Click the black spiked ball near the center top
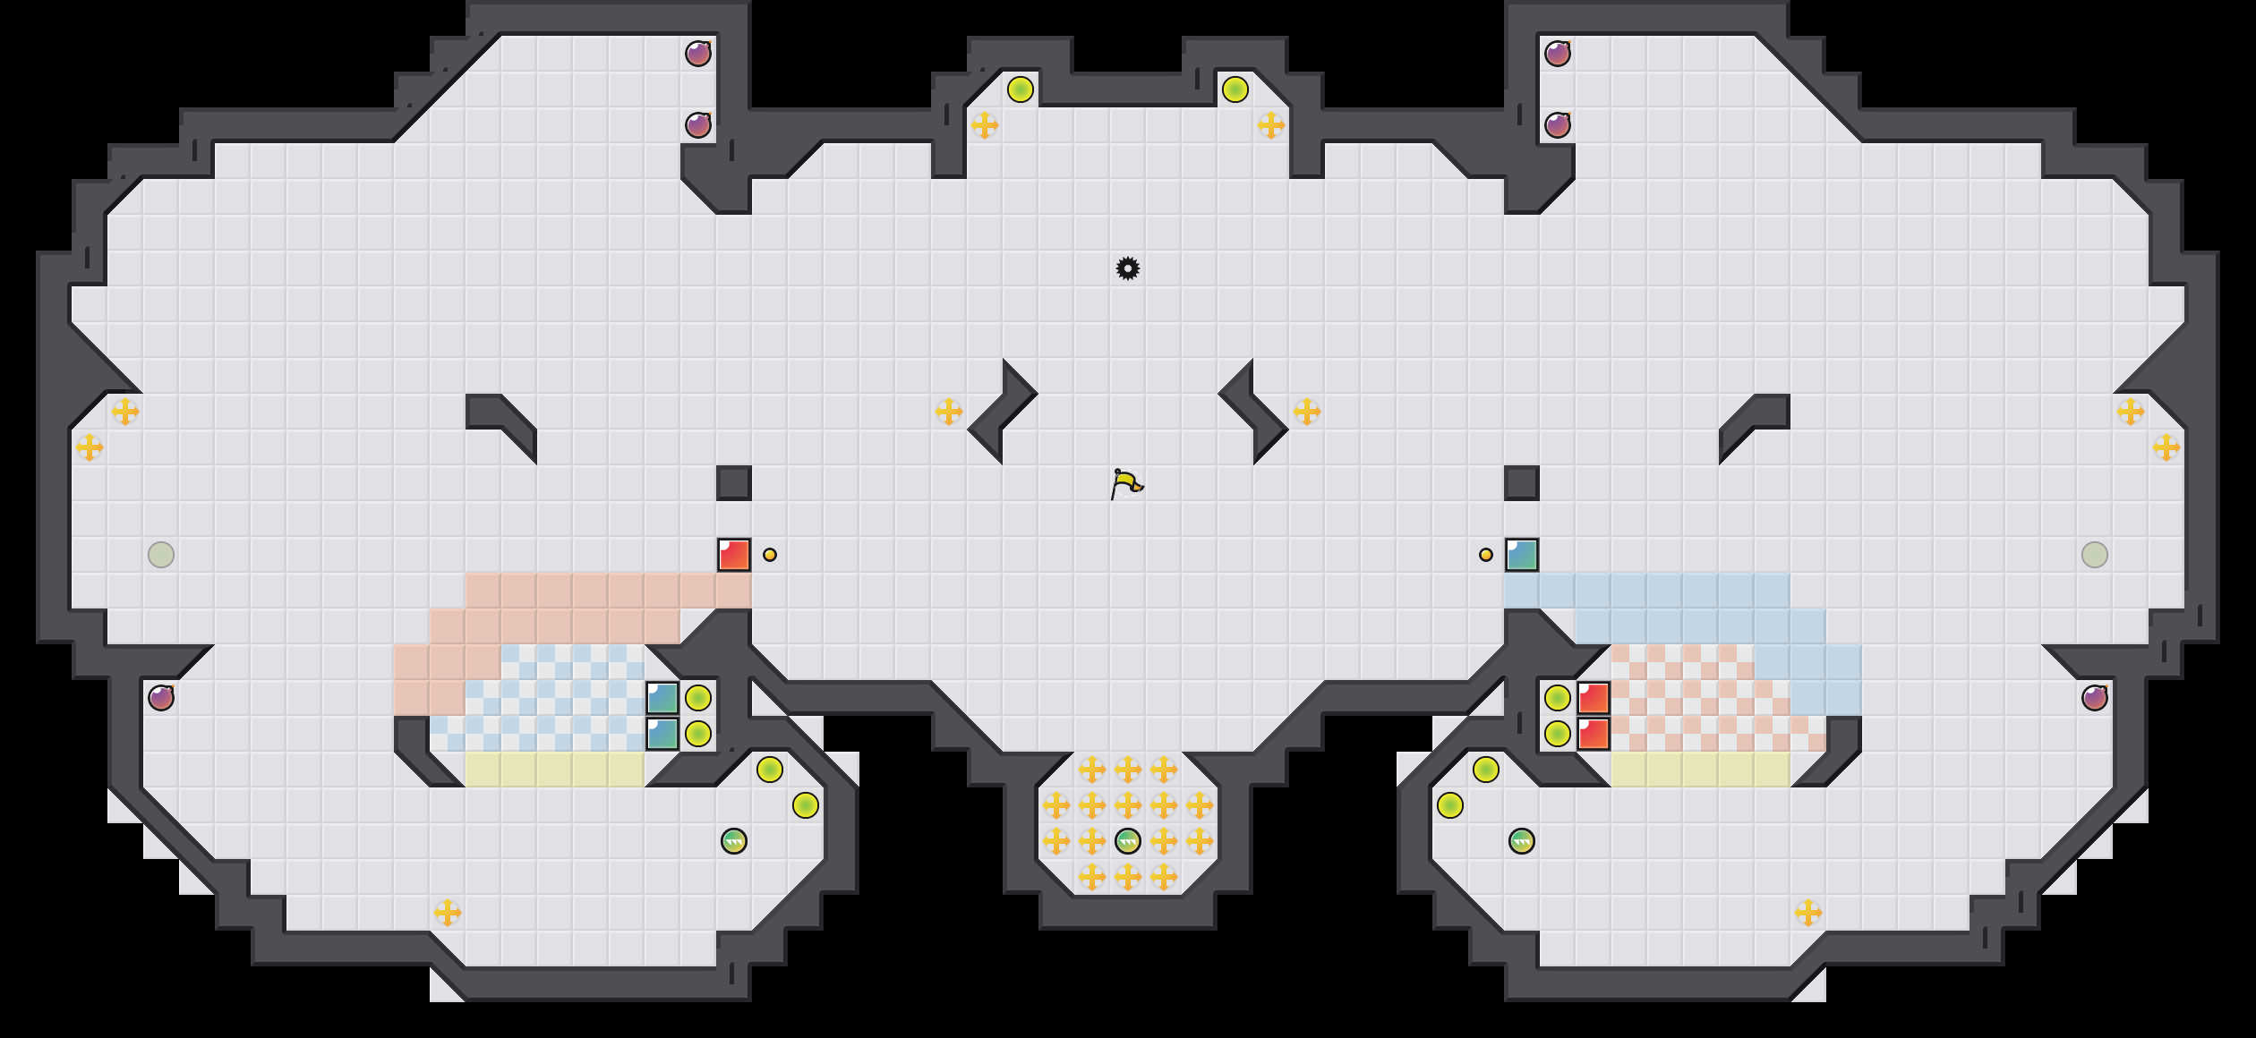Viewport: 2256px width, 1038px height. [1128, 268]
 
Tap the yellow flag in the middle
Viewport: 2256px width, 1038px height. [1126, 484]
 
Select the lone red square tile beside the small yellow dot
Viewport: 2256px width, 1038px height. [734, 555]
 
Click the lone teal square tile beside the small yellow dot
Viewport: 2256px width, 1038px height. [1522, 555]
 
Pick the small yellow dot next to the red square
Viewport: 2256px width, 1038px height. [770, 555]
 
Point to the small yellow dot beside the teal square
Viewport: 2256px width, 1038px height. [1486, 555]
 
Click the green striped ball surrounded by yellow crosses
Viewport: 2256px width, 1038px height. [1128, 841]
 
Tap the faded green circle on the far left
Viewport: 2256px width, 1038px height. [161, 555]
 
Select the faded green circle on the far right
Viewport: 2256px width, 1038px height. [2095, 555]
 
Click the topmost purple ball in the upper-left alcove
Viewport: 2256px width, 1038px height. [698, 54]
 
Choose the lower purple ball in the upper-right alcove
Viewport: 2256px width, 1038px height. [1558, 125]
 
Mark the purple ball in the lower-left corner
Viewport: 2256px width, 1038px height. [161, 698]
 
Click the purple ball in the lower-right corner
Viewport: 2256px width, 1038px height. [2095, 698]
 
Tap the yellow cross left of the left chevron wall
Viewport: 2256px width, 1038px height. [949, 412]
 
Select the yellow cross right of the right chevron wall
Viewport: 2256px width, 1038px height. [1307, 412]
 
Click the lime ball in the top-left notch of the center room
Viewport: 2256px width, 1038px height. [1021, 89]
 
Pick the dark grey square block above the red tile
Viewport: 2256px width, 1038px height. [734, 483]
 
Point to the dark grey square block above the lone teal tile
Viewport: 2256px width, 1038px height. [1522, 483]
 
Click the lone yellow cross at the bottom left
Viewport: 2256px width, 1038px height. [448, 913]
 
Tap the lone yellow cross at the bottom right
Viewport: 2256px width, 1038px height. [1808, 913]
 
